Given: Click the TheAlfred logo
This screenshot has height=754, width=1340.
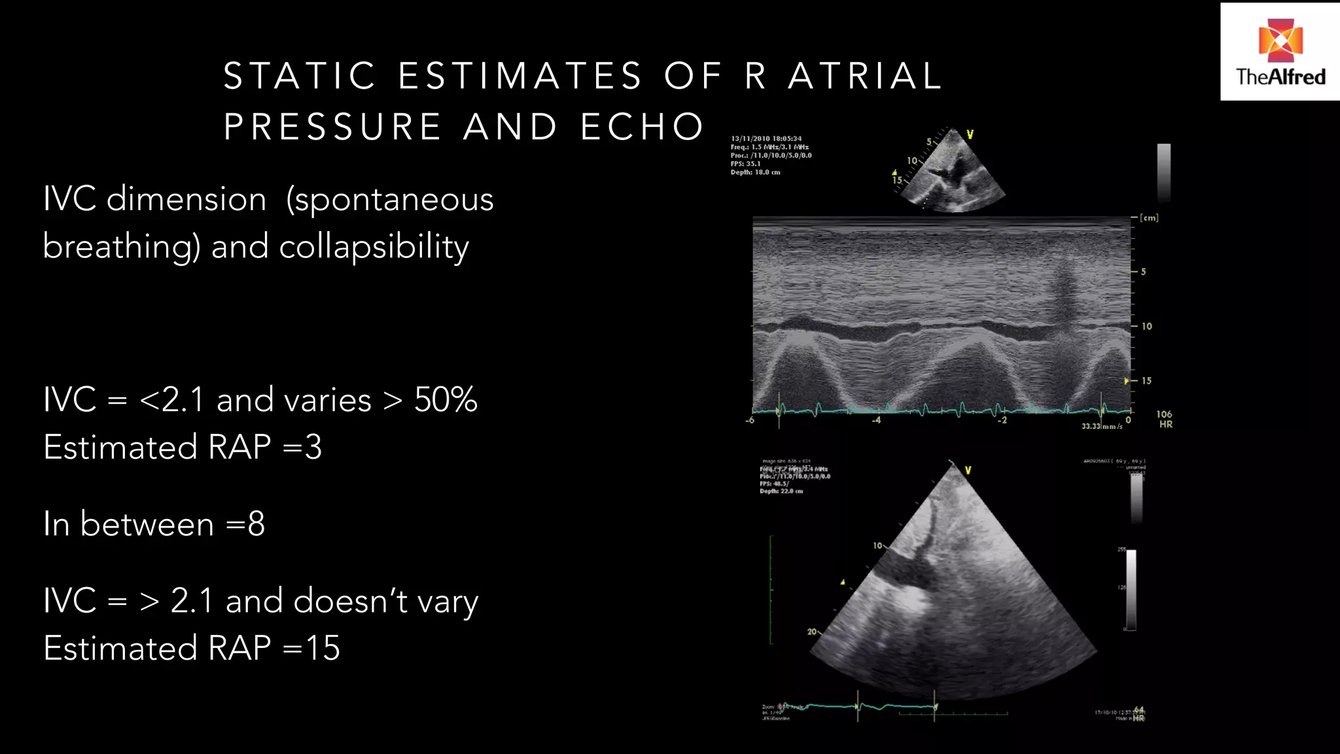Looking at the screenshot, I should tap(1280, 52).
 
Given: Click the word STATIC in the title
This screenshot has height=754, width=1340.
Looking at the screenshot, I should tap(299, 76).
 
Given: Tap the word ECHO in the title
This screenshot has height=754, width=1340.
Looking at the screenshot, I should tap(642, 127).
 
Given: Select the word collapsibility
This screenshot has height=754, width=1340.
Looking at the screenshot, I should tap(374, 247).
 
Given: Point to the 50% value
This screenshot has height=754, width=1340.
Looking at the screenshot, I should tap(446, 400).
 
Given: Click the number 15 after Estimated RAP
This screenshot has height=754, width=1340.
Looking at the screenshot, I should tap(323, 648).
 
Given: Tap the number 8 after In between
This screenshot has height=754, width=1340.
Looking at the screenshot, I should tap(256, 524).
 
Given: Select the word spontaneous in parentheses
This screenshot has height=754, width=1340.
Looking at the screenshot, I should tap(390, 200).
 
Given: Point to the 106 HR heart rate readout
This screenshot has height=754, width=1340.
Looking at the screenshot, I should tap(1165, 419).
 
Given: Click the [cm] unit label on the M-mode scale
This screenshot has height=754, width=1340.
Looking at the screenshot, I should tap(1149, 218).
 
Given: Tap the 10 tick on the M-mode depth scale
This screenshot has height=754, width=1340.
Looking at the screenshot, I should tap(1146, 326).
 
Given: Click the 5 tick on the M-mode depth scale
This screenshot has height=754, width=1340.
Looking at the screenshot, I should tap(1143, 272).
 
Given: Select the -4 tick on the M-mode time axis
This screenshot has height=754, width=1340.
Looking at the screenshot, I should tap(876, 420).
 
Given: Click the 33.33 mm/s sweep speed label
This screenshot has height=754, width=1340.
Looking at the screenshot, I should tap(1101, 426).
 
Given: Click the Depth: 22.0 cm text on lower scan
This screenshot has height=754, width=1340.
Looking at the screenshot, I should tap(781, 491).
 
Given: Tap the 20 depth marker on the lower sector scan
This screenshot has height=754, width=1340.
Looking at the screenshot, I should tap(811, 632).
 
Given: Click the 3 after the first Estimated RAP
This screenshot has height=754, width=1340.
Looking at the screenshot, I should tap(313, 448).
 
